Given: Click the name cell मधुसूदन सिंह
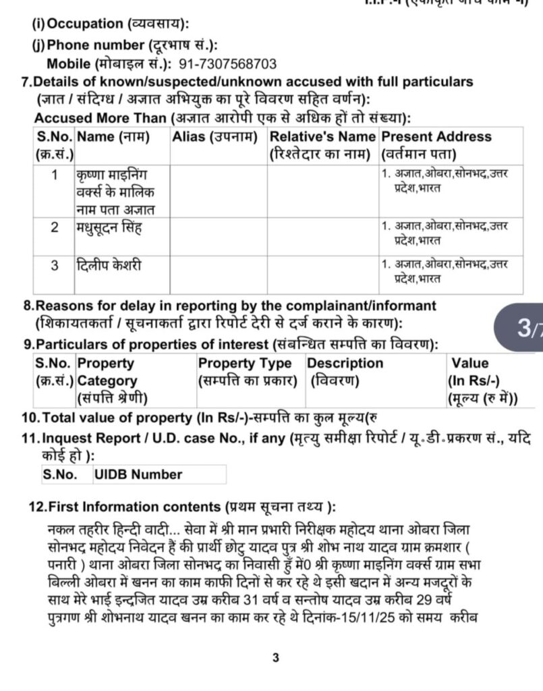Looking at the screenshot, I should click(x=111, y=227).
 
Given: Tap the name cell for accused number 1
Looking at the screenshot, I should click(x=116, y=191).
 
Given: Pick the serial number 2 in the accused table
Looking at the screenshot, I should click(x=55, y=227).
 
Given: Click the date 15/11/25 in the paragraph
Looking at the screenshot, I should click(x=381, y=615).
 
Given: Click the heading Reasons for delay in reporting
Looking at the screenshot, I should click(x=229, y=306).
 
